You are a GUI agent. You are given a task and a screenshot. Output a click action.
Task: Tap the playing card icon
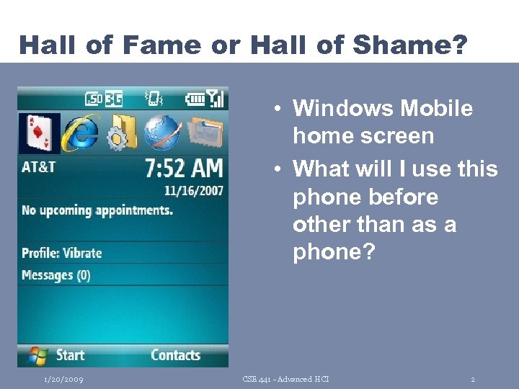point(39,133)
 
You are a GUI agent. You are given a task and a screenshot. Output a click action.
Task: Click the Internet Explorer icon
point(80,133)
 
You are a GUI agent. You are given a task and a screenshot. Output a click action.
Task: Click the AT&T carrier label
point(39,166)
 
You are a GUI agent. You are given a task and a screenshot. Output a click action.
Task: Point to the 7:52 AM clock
point(184,169)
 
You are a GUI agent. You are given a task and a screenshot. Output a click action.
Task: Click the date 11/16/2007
point(193,192)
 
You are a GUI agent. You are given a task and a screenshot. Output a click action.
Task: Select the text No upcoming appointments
point(97,210)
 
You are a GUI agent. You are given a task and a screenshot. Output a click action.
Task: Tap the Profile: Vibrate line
point(61,253)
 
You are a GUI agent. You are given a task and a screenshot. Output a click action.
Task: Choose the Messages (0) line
point(56,275)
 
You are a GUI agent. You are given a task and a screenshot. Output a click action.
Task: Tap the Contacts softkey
point(175,354)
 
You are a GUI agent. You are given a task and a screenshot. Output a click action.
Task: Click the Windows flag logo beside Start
point(37,354)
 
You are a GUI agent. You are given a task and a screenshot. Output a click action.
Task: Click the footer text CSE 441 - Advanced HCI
point(287,379)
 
